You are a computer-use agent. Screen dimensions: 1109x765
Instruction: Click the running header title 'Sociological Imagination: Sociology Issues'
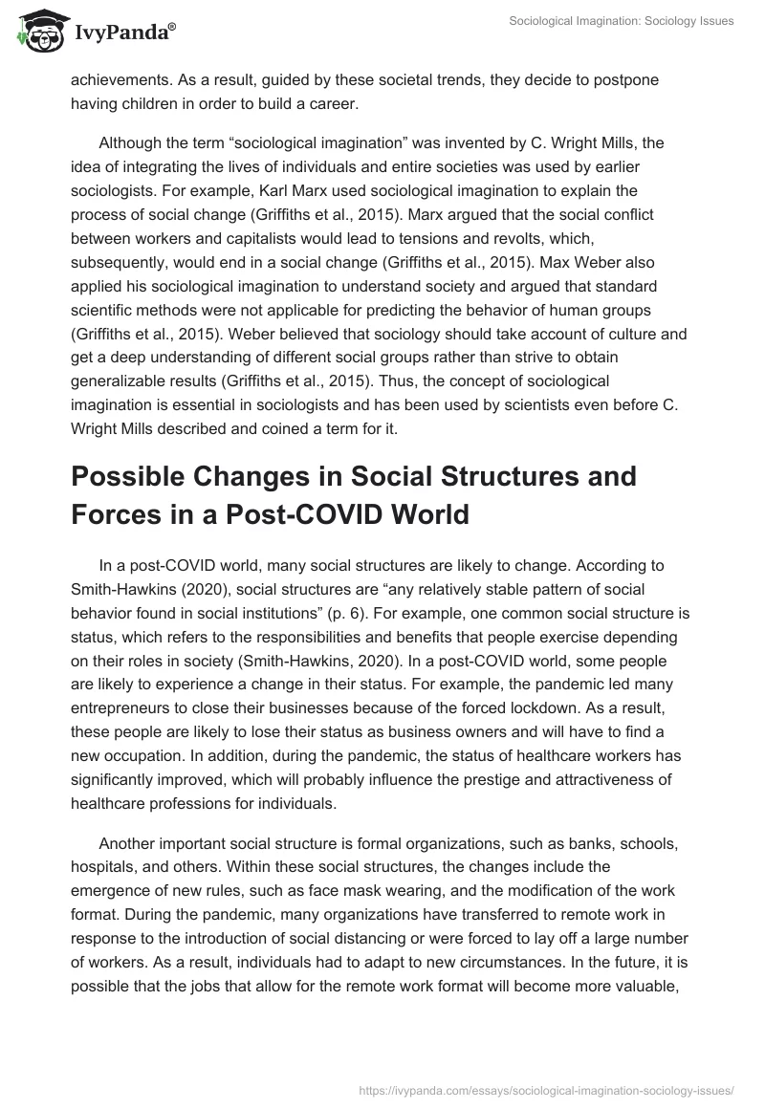click(621, 21)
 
